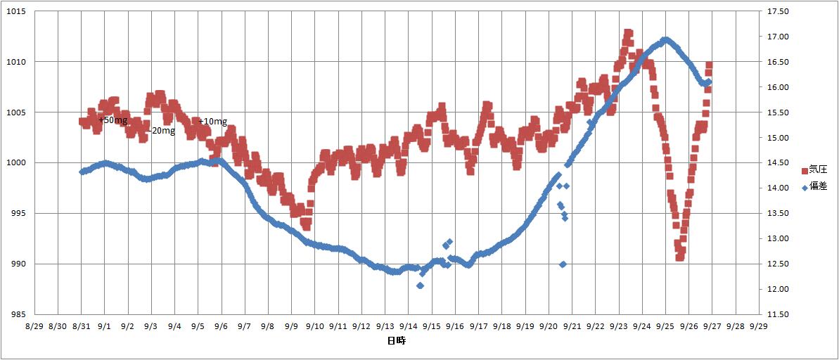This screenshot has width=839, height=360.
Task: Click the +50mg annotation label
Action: (x=113, y=120)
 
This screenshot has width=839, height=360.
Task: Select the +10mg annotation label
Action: (x=213, y=122)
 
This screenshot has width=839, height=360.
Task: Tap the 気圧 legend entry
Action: (x=817, y=170)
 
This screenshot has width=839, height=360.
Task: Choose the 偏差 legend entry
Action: (x=817, y=186)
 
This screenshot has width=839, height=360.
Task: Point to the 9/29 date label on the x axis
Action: (x=759, y=327)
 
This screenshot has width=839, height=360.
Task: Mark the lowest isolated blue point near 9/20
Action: (x=563, y=264)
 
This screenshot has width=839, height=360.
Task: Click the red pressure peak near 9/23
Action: (x=628, y=33)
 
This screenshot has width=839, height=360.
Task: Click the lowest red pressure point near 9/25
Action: (x=679, y=257)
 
